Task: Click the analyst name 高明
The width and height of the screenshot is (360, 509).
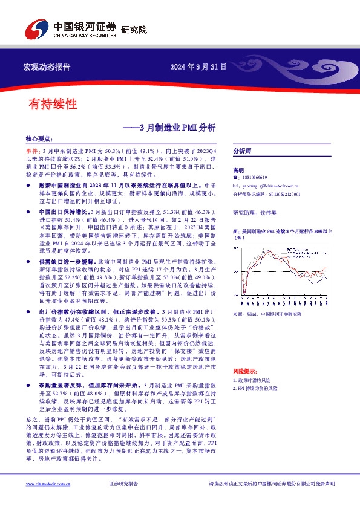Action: point(238,170)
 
